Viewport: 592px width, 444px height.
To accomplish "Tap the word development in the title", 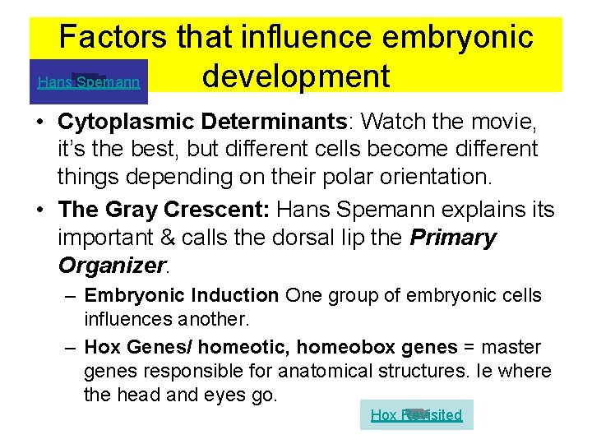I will [x=295, y=76].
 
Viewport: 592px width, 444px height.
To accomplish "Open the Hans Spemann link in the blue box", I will [x=89, y=82].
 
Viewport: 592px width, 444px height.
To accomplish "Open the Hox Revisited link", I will [x=416, y=415].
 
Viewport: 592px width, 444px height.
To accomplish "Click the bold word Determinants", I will [x=277, y=123].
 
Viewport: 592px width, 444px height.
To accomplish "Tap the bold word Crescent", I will [x=215, y=210].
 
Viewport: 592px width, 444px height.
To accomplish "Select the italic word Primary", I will [x=453, y=238].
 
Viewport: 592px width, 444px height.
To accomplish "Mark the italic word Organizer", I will [x=112, y=266].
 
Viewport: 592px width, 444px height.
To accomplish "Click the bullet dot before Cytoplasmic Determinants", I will [x=39, y=123].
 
